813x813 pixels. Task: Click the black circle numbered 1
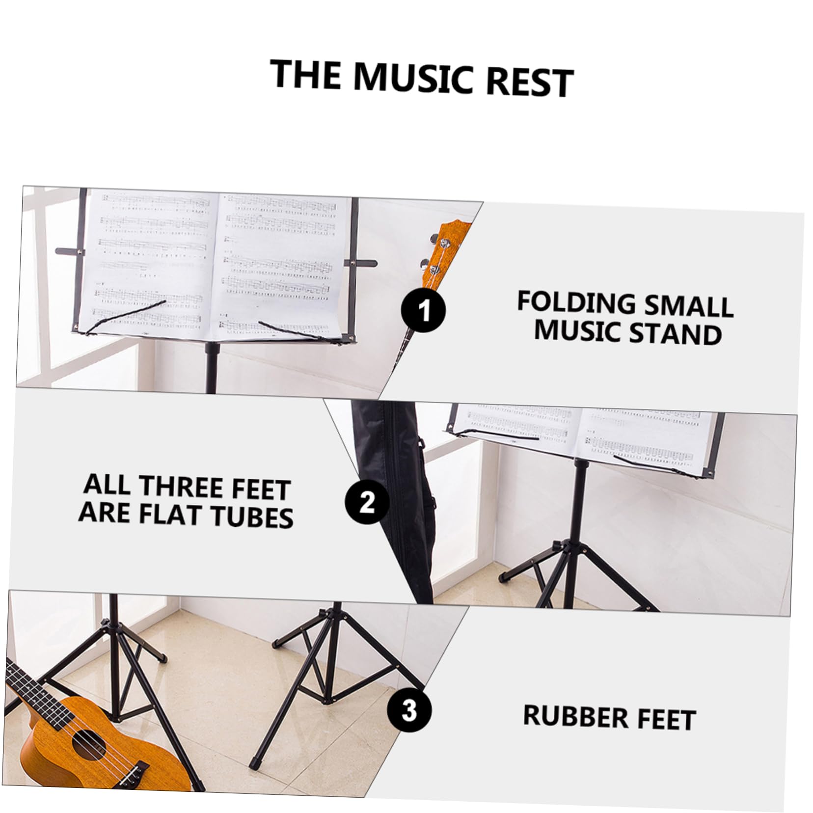(424, 311)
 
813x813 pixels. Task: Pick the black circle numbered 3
(408, 710)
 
